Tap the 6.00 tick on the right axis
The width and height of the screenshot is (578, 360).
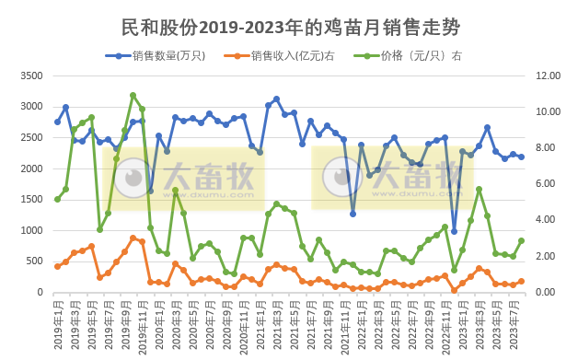545,184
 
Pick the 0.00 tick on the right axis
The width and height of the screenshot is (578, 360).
545,293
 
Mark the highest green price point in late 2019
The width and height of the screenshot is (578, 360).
133,95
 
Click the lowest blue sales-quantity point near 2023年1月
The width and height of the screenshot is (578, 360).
454,231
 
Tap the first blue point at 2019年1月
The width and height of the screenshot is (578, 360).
57,122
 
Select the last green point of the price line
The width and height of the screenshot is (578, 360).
522,240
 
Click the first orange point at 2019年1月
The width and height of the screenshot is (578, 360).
57,267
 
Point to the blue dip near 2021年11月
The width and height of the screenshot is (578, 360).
353,214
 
